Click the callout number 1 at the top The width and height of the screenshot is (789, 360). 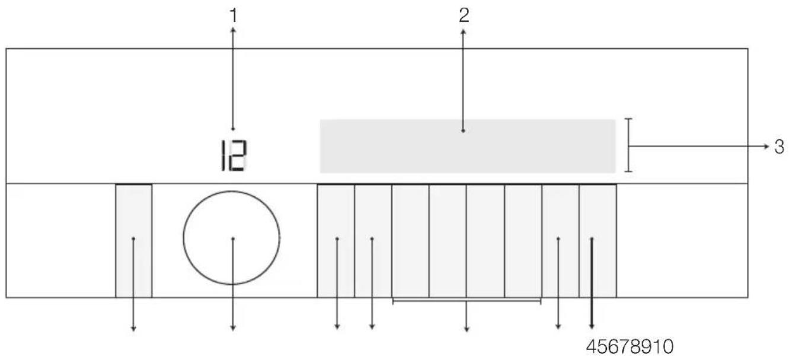(234, 15)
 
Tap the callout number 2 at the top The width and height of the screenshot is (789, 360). (464, 15)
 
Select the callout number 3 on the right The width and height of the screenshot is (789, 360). (780, 146)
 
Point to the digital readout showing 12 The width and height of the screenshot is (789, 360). (233, 155)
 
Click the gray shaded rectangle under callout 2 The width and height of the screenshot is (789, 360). (468, 146)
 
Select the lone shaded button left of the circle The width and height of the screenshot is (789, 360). (134, 241)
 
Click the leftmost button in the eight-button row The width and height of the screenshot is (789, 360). (336, 241)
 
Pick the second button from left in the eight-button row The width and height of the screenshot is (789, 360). (373, 241)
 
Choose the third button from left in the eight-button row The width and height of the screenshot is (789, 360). (410, 241)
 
